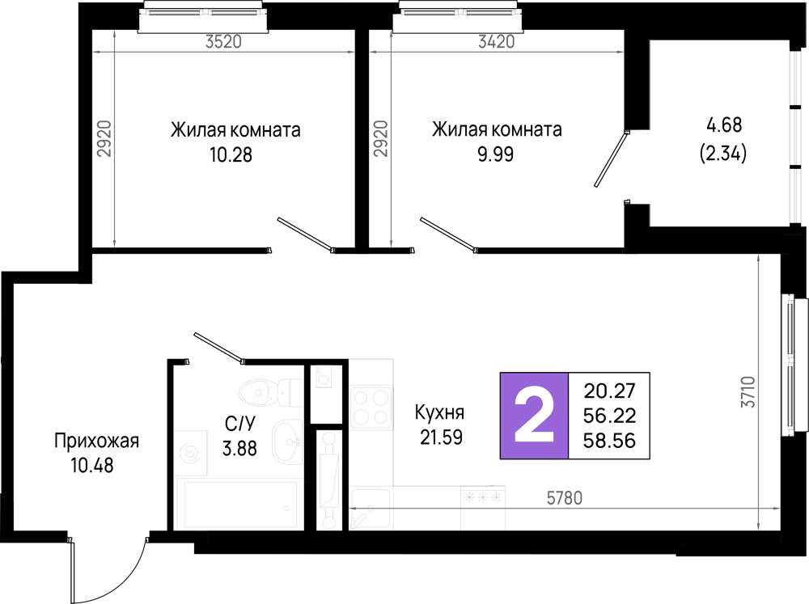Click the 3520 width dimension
[x=223, y=41]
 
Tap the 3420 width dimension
[x=497, y=41]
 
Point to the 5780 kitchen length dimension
[x=565, y=498]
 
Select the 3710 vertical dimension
[x=748, y=392]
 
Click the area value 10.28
[x=231, y=154]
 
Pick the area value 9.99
[x=496, y=154]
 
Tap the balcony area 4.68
[x=724, y=125]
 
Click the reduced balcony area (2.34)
[x=722, y=153]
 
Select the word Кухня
[x=439, y=412]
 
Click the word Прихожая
[x=97, y=441]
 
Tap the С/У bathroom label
[x=240, y=424]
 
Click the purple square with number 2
[x=534, y=416]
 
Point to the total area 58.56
[x=609, y=441]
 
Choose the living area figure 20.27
[x=609, y=391]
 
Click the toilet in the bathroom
[x=271, y=392]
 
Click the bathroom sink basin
[x=287, y=441]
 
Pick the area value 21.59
[x=441, y=437]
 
